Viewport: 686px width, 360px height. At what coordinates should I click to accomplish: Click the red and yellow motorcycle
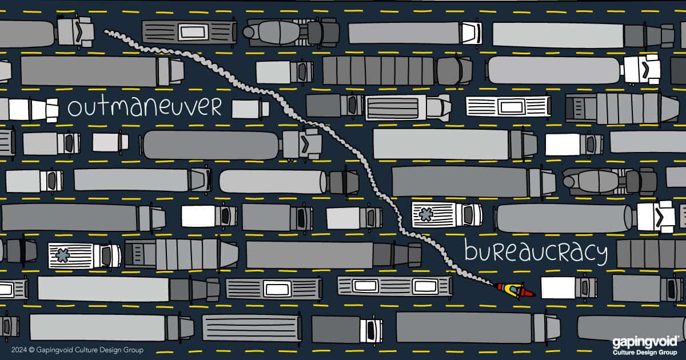point(515,290)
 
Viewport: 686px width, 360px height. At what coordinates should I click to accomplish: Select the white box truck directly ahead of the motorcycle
point(569,288)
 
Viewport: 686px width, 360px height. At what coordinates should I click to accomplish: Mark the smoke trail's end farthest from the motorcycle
point(106,31)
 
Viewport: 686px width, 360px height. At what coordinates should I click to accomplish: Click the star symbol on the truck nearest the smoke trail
point(426,215)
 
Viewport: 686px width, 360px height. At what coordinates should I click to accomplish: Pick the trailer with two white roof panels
point(395,286)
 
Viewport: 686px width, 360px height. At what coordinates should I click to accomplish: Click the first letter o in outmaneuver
point(74,109)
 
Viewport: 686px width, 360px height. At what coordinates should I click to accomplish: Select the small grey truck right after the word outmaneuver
point(250,109)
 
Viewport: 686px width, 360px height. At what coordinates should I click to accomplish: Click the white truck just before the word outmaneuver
point(29,110)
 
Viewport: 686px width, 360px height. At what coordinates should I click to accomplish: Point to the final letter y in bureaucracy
point(603,255)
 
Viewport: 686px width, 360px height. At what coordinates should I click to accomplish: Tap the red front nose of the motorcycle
point(529,294)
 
